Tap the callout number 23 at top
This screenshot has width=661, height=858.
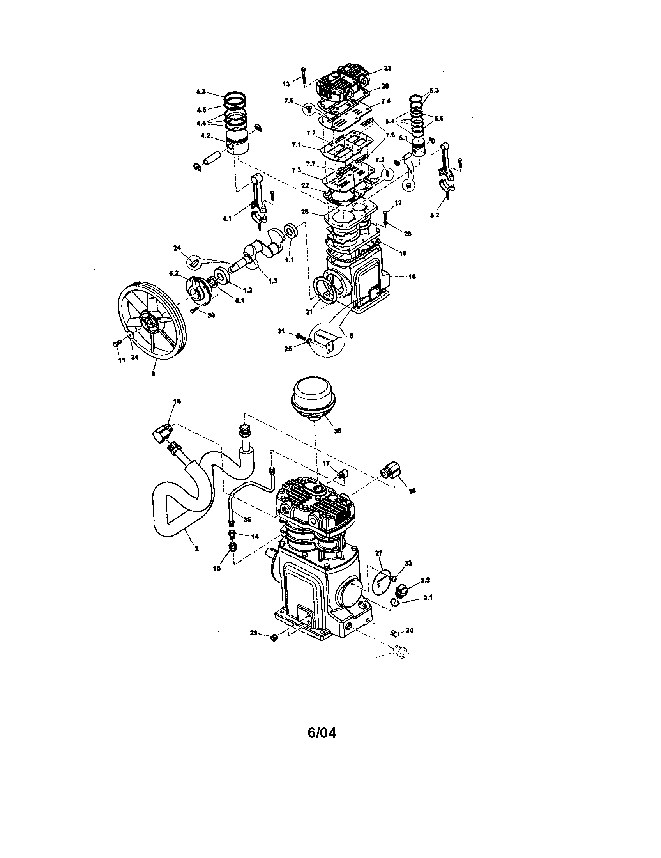coord(387,68)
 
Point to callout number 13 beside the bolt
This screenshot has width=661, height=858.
coord(286,83)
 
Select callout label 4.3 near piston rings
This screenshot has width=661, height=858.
coord(201,92)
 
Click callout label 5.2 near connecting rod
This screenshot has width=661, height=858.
coord(434,215)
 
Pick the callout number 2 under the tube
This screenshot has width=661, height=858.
coord(196,549)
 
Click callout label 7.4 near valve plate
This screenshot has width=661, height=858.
coord(385,101)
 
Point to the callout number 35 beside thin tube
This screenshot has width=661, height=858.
coord(247,519)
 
